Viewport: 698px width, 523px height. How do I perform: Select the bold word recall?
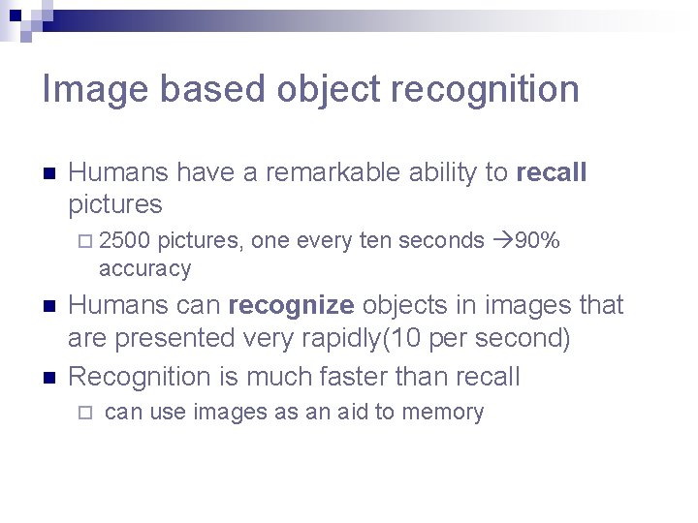[x=552, y=173]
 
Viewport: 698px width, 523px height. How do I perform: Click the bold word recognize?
[x=291, y=306]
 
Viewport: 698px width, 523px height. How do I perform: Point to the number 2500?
[x=124, y=240]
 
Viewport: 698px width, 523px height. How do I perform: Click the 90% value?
[x=537, y=240]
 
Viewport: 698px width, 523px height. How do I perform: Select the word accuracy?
[x=144, y=268]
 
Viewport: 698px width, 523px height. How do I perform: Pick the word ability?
[x=443, y=173]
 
